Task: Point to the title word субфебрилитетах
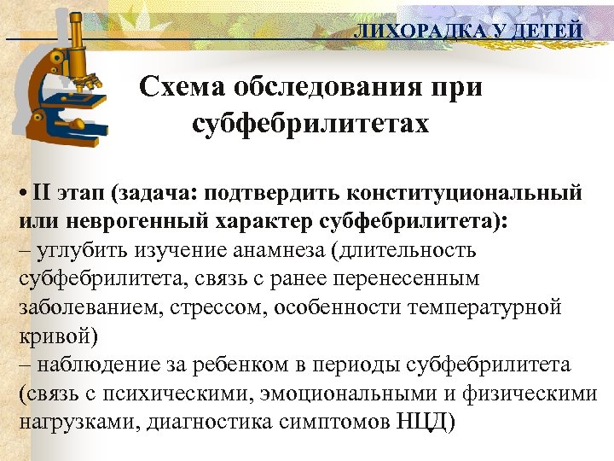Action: point(310,124)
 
